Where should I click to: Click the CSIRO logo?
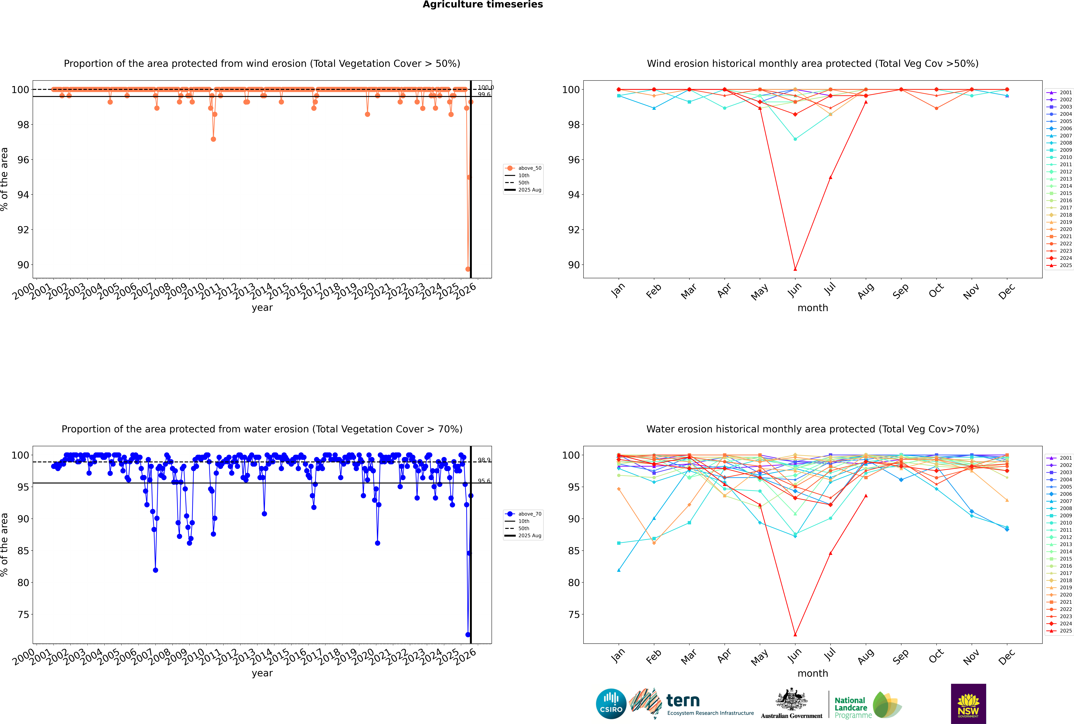611,704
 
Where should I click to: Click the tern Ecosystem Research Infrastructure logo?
691,704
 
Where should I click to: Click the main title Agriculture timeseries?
483,5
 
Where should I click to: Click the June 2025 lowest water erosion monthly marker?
795,634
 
